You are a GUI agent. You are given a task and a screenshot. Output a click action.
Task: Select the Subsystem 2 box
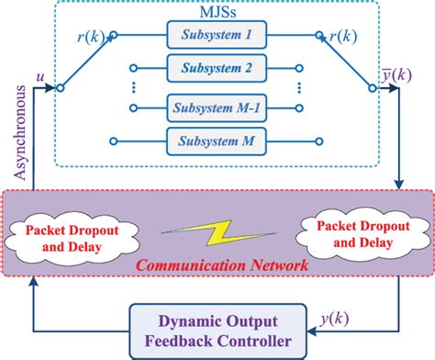pyautogui.click(x=217, y=68)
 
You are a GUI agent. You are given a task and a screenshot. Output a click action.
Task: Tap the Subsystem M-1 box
pyautogui.click(x=217, y=107)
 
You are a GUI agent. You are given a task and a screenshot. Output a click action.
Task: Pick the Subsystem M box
pyautogui.click(x=217, y=141)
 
